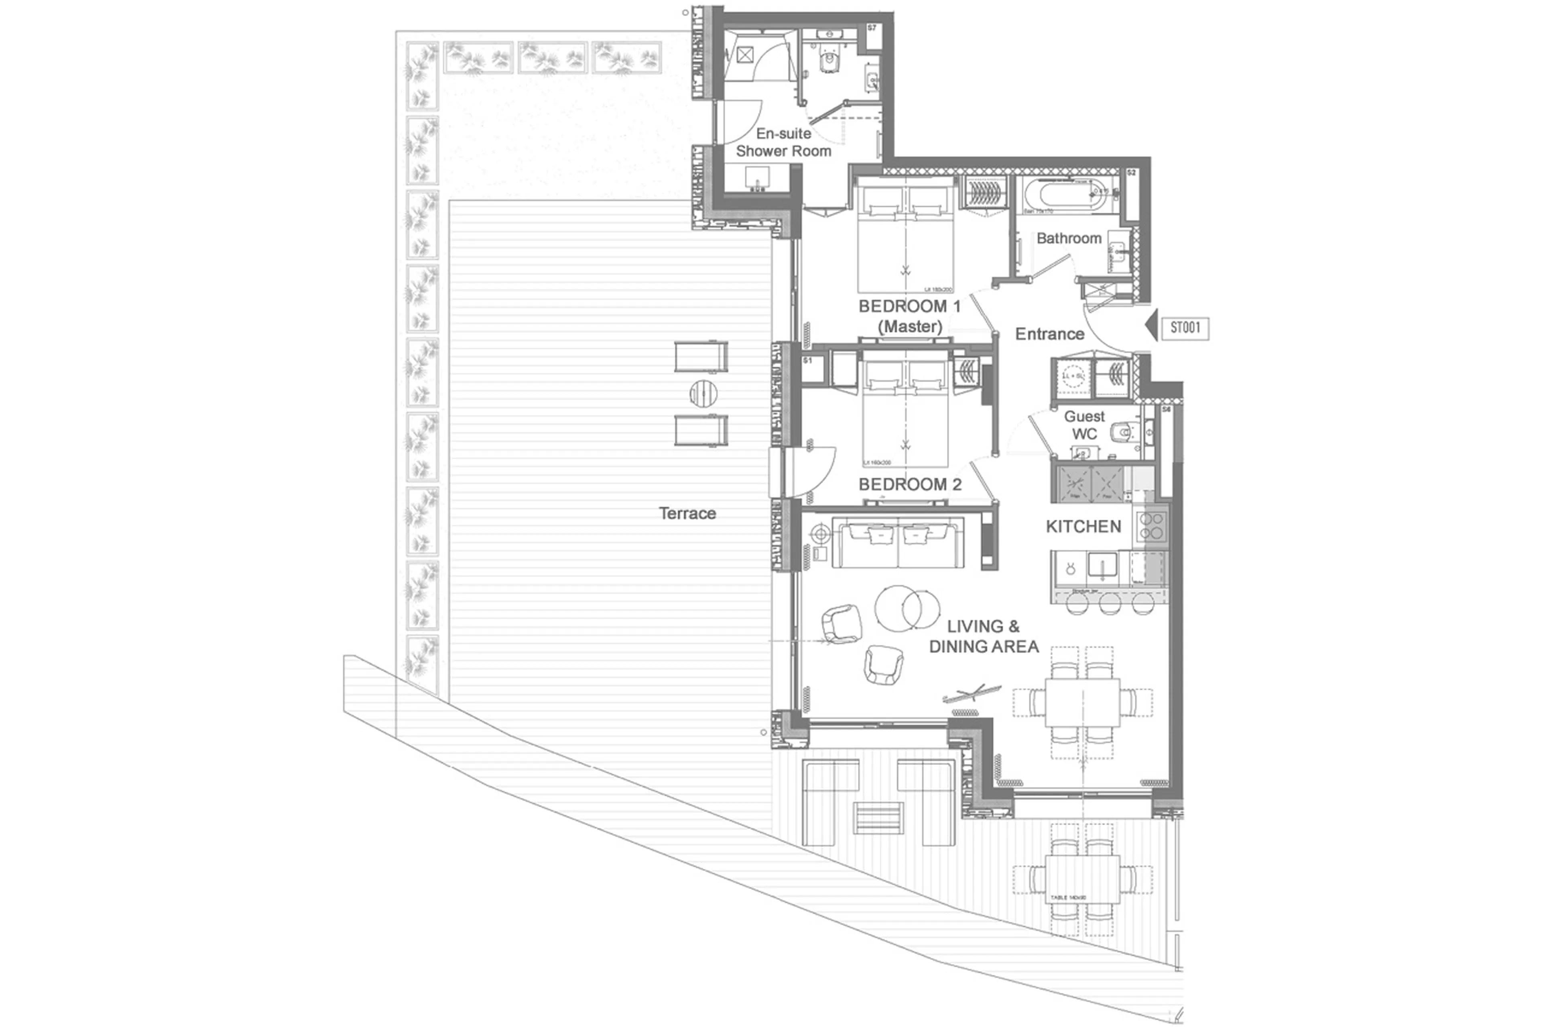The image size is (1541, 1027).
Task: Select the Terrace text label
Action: coord(687,514)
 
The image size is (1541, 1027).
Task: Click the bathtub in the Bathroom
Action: coord(1065,195)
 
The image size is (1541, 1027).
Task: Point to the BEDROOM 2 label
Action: coord(910,485)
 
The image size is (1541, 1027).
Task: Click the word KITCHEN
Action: coord(1083,527)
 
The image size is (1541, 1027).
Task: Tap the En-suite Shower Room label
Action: coord(783,142)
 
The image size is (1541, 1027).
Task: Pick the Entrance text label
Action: coord(1049,334)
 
